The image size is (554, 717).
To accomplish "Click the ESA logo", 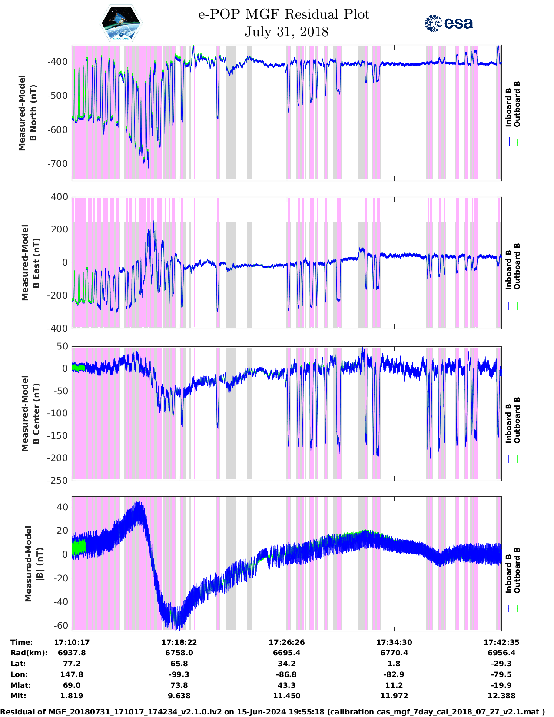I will pos(448,23).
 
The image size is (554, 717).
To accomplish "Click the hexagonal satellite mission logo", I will pos(121,23).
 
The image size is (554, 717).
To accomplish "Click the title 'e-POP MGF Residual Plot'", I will pos(284,14).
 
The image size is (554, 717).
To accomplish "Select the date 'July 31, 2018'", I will pos(286,32).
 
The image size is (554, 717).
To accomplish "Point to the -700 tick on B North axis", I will pos(58,164).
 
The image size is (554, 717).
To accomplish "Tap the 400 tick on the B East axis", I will pos(60,197).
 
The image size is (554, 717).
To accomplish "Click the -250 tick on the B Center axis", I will pos(58,480).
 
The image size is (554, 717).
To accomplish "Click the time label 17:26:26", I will pos(286,642).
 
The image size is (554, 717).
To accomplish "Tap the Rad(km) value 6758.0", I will pos(179,653).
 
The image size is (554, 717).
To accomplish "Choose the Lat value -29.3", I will pos(501,664).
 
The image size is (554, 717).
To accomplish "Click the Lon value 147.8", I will pos(72,674).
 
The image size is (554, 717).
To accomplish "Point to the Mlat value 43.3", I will pos(286,685).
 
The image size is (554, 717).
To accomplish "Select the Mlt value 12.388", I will pos(501,696).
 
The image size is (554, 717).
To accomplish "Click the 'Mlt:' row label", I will pos(18,696).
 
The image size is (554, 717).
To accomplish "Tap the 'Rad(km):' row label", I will pos(29,653).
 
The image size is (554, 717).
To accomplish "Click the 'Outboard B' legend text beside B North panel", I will pos(517,104).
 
